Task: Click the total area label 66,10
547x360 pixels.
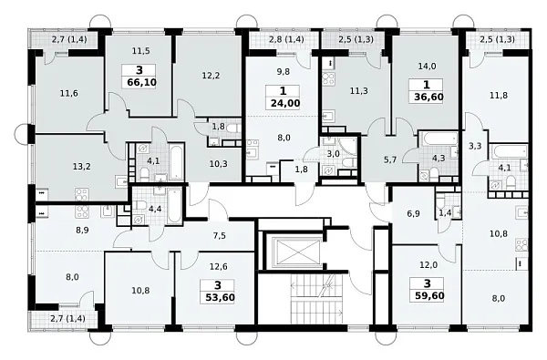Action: (x=142, y=83)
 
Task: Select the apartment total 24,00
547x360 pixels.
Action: (x=285, y=104)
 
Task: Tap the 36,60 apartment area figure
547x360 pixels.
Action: (x=428, y=97)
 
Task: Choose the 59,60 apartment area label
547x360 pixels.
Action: (x=429, y=296)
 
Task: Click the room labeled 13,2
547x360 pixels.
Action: (x=82, y=167)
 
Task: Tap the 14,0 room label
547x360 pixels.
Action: (x=427, y=66)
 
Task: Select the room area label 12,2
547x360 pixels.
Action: (x=211, y=75)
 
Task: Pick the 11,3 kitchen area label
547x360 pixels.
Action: (x=358, y=91)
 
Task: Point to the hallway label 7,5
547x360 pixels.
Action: (x=219, y=236)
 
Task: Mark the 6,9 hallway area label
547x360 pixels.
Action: (x=413, y=214)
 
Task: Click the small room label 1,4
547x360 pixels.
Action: (x=445, y=213)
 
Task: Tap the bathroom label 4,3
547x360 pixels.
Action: (x=439, y=158)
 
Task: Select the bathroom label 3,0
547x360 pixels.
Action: (x=333, y=154)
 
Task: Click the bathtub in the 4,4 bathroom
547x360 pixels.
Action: (x=174, y=206)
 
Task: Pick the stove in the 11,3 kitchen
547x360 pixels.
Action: (x=328, y=79)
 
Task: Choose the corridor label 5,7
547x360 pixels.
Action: (x=389, y=159)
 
